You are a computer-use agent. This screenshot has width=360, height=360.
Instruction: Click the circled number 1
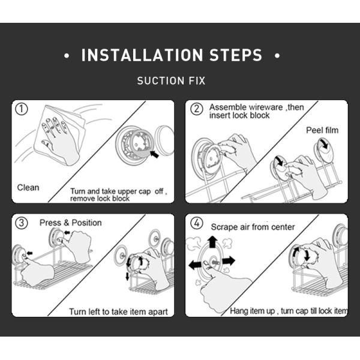22,109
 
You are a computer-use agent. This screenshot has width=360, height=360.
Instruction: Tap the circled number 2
197,109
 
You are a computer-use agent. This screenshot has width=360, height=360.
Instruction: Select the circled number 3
22,223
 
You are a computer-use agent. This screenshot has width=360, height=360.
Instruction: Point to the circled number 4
197,223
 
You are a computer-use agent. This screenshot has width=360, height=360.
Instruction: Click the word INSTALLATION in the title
142,55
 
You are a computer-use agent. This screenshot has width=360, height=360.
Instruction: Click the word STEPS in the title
236,55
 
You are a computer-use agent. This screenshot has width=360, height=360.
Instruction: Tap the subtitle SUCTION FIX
171,81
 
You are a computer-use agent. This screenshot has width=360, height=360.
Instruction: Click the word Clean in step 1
28,188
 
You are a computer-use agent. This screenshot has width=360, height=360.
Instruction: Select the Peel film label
322,130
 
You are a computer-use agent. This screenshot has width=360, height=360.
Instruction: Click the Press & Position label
70,223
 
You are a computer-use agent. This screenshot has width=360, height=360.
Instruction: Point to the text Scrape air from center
253,227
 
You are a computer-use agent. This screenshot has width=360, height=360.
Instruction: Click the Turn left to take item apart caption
118,312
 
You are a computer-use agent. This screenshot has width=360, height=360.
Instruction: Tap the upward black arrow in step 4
212,242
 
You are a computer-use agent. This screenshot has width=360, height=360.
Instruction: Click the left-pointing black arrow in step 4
195,265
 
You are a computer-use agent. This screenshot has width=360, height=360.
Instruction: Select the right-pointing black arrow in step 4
229,261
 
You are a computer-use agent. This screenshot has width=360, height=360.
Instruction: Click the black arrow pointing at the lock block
154,154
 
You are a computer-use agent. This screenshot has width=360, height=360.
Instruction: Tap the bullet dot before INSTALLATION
67,56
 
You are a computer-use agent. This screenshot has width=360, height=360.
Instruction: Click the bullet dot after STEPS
277,56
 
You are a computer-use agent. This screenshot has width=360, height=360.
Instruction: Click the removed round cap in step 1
164,140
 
